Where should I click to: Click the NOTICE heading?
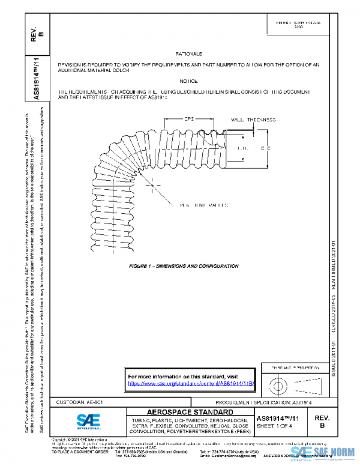[187, 80]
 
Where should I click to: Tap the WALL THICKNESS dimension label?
[251, 120]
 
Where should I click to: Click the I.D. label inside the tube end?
[242, 147]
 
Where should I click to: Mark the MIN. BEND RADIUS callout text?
[195, 205]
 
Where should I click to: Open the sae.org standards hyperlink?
[191, 383]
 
